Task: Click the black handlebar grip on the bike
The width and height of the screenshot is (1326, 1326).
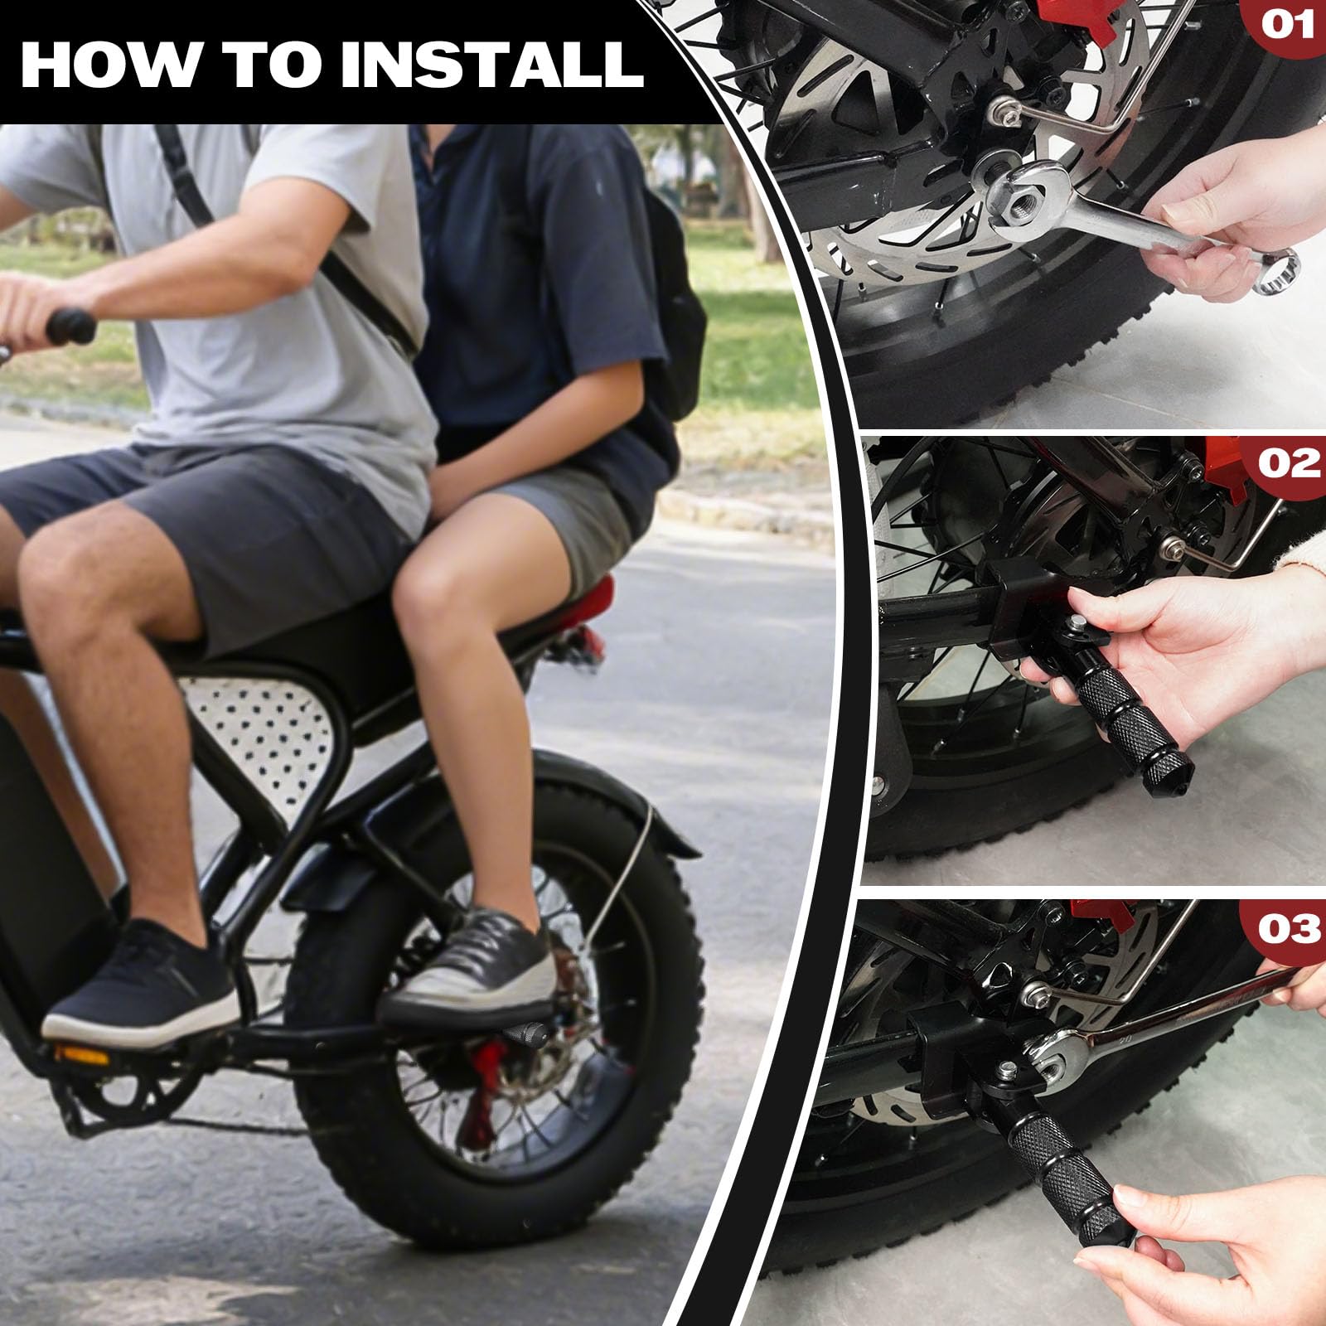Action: tap(70, 326)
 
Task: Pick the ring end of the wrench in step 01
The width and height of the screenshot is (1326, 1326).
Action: tap(1276, 272)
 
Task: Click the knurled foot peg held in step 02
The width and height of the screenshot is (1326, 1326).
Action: tap(1135, 713)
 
